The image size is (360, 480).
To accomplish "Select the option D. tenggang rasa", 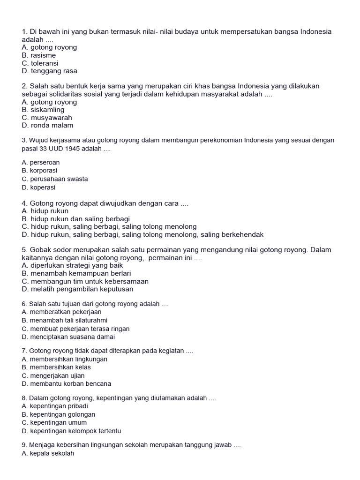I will point(49,71).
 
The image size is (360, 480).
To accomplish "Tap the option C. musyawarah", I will point(47,118).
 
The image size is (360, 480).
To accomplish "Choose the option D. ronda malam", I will point(47,126).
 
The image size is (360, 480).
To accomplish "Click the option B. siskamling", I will point(43,110).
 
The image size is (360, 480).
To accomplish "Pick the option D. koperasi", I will point(38,187).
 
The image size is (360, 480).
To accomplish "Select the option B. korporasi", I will point(40,171).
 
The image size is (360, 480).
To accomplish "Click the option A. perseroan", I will point(41,163).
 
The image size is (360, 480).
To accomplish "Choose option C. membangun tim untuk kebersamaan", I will point(85,281).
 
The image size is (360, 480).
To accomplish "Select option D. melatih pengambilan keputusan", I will point(77,289).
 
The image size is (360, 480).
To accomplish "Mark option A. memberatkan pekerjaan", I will point(61,312).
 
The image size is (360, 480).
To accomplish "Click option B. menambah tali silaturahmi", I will point(65,320).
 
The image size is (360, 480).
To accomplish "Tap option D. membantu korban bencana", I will point(67,383).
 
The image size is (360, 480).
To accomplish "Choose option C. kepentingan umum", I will point(54,422).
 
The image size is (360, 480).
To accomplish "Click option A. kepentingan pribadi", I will point(55,406).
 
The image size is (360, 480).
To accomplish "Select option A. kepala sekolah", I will point(48,453).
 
